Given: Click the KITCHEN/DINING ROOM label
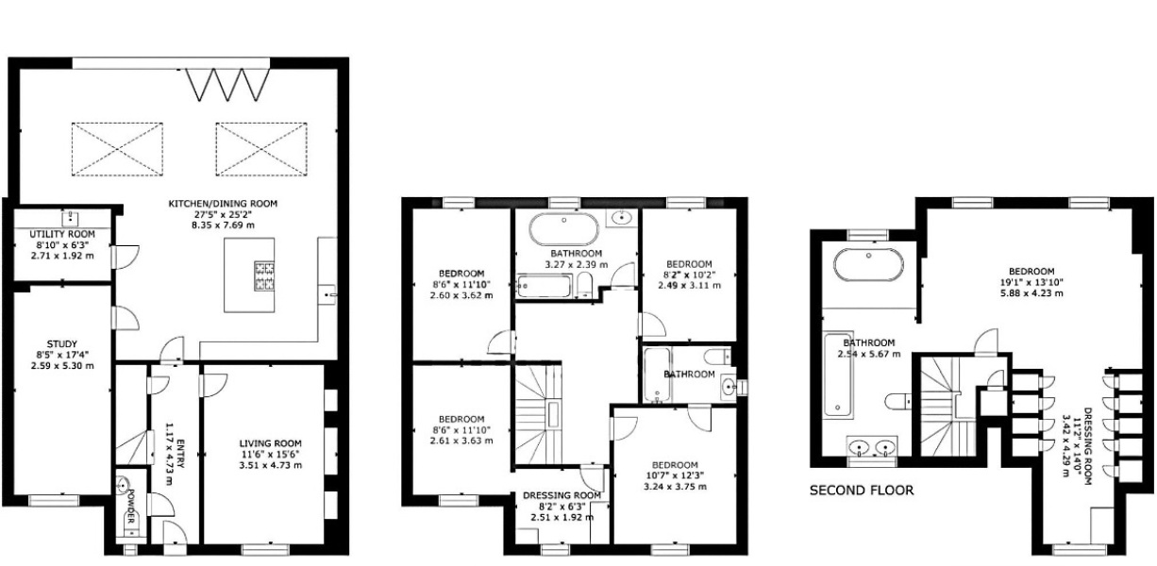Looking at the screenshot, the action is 223,204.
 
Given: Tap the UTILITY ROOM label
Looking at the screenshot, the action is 62,234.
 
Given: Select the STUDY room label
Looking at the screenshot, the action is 62,344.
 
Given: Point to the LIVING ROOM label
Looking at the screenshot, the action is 270,443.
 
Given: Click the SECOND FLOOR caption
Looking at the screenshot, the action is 862,491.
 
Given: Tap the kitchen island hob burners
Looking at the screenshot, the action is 264,275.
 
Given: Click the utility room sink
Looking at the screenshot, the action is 70,219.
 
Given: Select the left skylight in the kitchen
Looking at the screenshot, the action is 117,149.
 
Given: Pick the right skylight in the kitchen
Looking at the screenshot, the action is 261,149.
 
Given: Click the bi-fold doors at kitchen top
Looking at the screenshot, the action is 227,84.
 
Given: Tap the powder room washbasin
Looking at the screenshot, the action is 122,486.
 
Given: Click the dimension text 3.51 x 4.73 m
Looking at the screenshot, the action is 270,465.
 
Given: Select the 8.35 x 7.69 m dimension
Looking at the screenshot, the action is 223,225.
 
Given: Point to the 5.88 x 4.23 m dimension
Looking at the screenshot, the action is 1031,293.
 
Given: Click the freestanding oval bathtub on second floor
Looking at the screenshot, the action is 869,264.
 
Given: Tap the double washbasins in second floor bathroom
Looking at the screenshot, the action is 872,447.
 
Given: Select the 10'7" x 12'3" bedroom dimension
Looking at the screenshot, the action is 675,475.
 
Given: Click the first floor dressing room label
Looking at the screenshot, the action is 562,495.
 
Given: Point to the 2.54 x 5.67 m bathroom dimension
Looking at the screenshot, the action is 869,354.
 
